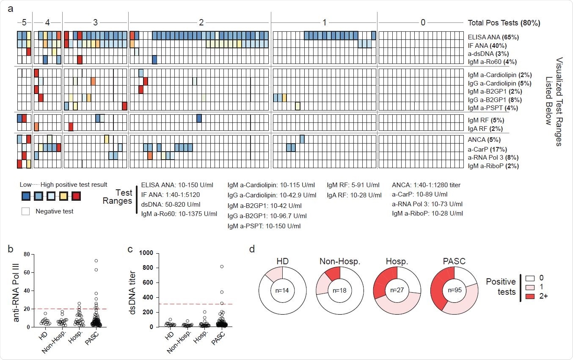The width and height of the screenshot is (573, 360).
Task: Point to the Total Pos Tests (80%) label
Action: pos(504,23)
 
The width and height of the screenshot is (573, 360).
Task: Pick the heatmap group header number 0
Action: pos(423,23)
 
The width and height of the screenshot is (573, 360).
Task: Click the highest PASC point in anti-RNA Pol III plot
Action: pos(96,260)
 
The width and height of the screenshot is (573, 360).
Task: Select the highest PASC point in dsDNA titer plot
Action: pos(221,266)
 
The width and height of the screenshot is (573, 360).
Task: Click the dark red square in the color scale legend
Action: pos(76,197)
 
